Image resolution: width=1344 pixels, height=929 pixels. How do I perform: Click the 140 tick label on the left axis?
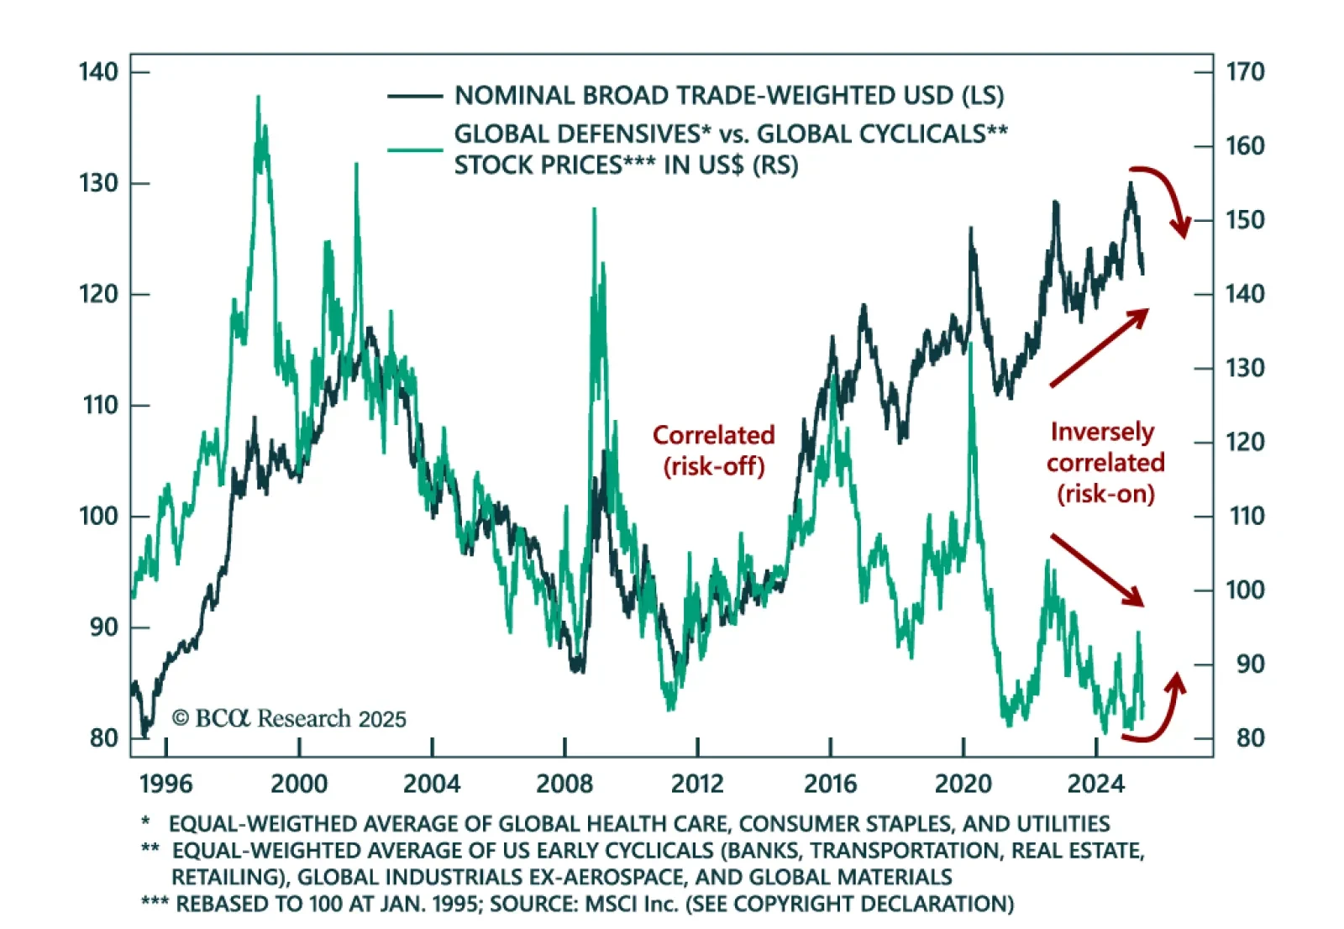point(98,72)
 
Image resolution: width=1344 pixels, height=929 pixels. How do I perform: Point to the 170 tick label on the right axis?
point(1245,72)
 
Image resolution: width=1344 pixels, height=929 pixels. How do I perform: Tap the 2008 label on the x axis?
point(564,784)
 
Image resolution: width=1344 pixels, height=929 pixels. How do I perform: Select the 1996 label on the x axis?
point(165,784)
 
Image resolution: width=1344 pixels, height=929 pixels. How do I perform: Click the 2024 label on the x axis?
point(1095,784)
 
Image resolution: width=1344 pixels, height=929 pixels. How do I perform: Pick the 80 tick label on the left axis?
point(104,738)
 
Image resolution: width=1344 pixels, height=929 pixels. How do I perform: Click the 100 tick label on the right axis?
point(1245,590)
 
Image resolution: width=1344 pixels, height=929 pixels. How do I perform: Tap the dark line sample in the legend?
point(415,97)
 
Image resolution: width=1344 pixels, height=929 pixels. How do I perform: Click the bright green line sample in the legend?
point(415,150)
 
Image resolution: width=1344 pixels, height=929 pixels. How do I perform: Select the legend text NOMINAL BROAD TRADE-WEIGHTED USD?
point(729,96)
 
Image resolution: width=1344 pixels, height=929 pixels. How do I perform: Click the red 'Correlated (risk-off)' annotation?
point(714,450)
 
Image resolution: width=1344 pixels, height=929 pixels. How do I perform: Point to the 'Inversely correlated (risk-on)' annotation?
point(1105,462)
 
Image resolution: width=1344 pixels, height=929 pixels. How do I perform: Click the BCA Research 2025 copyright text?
point(289,719)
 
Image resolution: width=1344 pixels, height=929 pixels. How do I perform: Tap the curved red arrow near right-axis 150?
point(1166,197)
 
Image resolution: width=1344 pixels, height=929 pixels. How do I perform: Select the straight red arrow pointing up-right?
point(1099,348)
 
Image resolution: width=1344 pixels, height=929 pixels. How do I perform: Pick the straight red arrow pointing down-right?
point(1097,569)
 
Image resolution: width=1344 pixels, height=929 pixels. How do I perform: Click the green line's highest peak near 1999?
point(258,98)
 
